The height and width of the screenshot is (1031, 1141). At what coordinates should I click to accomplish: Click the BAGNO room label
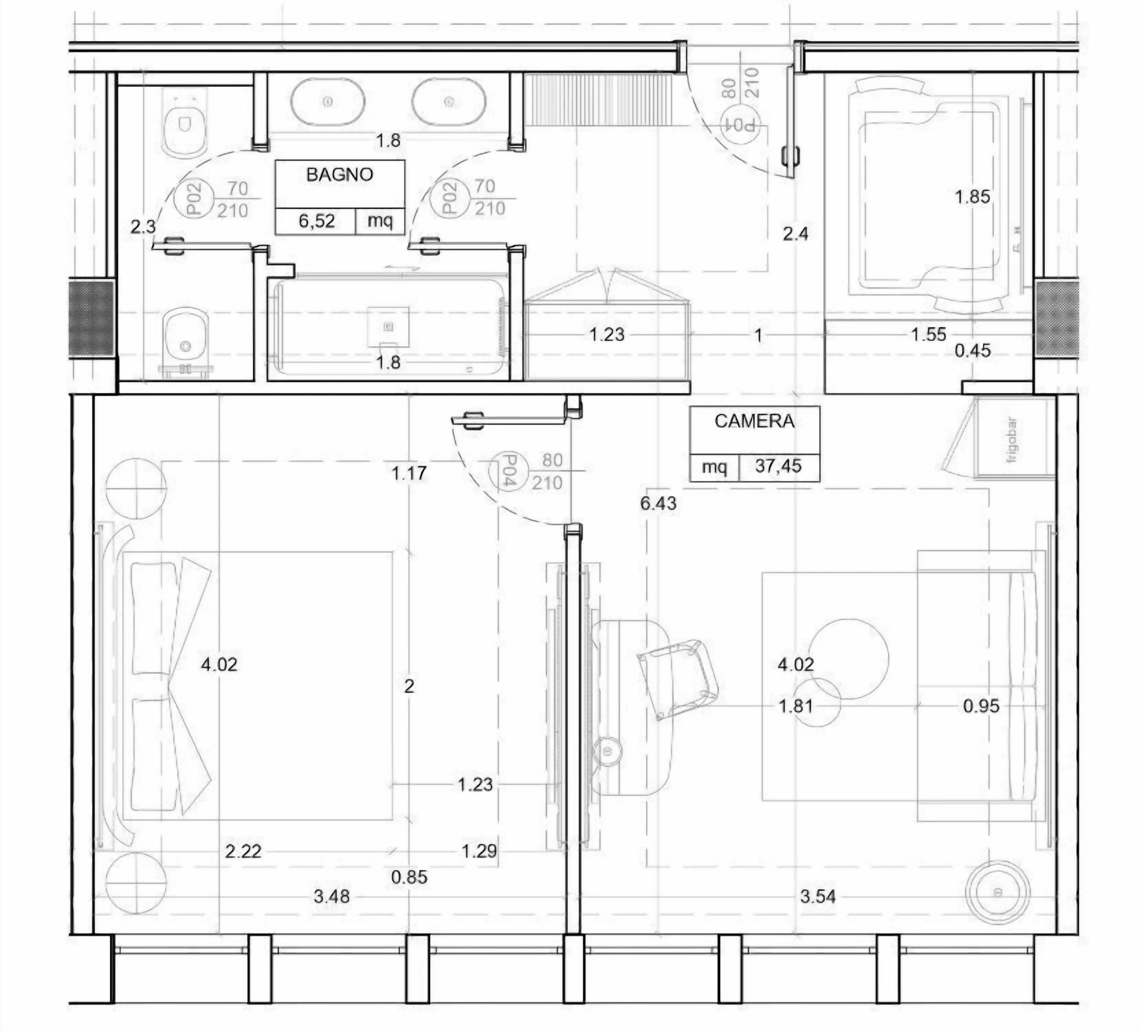(340, 175)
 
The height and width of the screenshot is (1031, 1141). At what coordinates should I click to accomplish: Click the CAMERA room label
(754, 421)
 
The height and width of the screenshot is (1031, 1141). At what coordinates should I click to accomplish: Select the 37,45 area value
(778, 466)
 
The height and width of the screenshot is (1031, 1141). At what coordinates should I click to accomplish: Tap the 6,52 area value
(317, 221)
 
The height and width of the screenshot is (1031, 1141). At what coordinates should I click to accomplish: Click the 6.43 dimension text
(658, 503)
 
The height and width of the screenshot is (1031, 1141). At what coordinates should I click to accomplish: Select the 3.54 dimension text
(818, 896)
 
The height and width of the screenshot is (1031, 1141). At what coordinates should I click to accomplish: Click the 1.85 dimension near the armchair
(972, 197)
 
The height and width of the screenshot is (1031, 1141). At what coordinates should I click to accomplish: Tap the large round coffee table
(849, 659)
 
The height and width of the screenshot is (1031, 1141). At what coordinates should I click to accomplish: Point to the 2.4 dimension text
(795, 234)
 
